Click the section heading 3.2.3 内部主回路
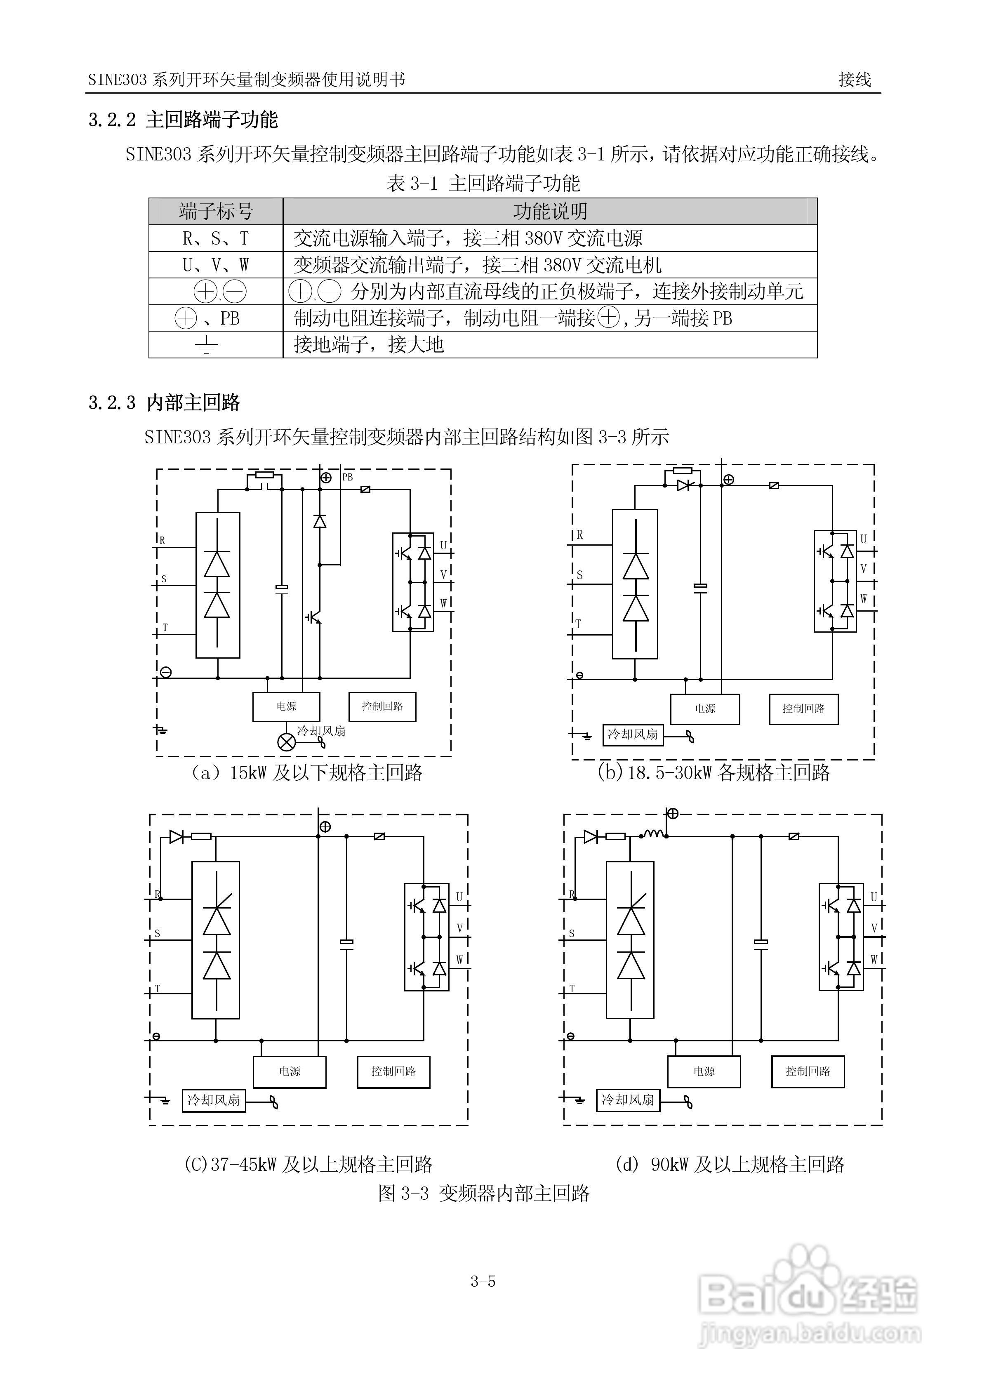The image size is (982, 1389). [x=164, y=403]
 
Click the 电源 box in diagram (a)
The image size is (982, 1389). [x=286, y=706]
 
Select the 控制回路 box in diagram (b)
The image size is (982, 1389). [x=803, y=709]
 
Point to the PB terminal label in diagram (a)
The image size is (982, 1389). [x=347, y=477]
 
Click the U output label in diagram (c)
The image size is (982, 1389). [x=459, y=897]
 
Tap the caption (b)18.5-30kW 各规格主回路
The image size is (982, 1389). [x=714, y=772]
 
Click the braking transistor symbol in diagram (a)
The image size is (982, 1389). [x=313, y=617]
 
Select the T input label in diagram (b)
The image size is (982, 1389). [x=578, y=624]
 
